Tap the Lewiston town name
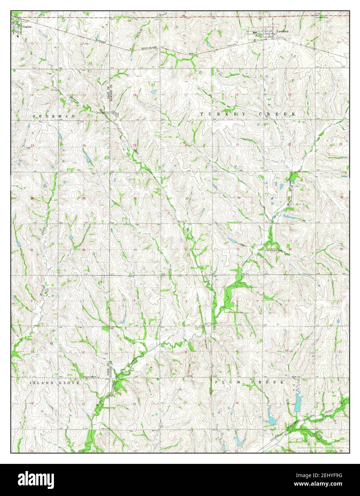[282, 31]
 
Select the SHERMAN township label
[54, 116]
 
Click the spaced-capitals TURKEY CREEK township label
[248, 114]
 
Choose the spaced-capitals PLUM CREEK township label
[250, 382]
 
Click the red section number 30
[135, 198]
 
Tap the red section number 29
[186, 198]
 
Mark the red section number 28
[239, 197]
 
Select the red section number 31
[135, 249]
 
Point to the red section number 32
[186, 249]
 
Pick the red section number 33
[238, 249]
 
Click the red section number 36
[84, 249]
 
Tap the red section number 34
[290, 249]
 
